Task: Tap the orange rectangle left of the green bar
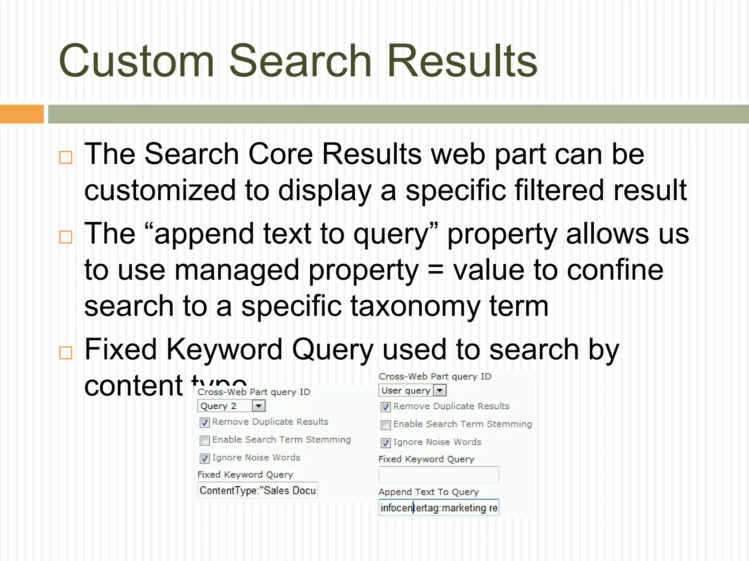pos(22,114)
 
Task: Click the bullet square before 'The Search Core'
pos(66,157)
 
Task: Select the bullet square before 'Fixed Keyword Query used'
pos(66,353)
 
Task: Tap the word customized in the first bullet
pos(160,190)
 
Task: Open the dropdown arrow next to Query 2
pos(259,406)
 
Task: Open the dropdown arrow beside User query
pos(440,390)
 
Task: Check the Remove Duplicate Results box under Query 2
pos(205,423)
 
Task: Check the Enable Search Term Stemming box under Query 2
pos(205,440)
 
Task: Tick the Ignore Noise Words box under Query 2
pos(205,458)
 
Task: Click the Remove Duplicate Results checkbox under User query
pos(385,407)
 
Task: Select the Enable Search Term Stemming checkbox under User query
pos(385,425)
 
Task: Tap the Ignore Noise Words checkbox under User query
pos(385,443)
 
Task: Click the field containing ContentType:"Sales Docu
pos(257,491)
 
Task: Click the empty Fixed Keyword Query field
pos(439,475)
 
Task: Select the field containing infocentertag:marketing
pos(439,508)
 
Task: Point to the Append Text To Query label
pos(428,492)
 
